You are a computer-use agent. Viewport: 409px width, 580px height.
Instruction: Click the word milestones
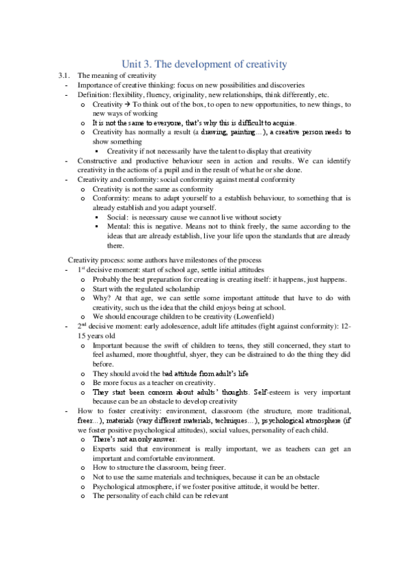pos(219,260)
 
